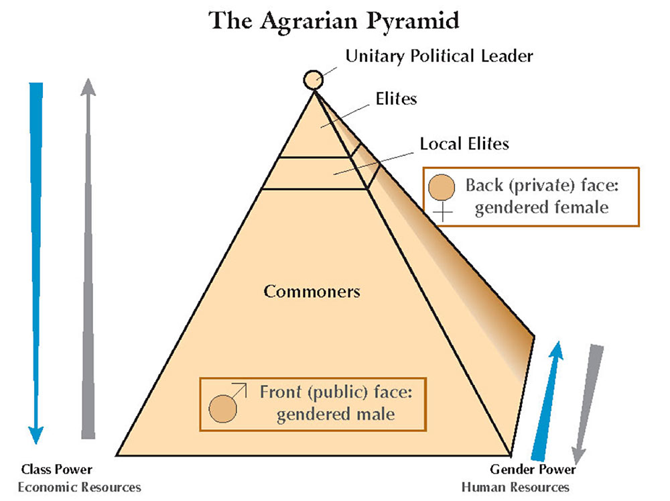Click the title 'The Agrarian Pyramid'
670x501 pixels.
(334, 20)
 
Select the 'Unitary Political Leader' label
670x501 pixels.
(439, 56)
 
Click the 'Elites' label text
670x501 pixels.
(396, 99)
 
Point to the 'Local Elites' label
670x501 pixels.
(464, 144)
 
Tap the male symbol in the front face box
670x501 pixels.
(224, 406)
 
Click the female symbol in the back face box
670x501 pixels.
(442, 192)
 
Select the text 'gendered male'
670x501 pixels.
(335, 414)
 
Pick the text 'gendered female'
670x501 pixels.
(541, 207)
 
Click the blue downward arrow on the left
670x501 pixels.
(36, 262)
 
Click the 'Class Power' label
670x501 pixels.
(56, 469)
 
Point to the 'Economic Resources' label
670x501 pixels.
(80, 486)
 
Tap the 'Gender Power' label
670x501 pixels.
(533, 469)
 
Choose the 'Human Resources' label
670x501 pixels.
(515, 487)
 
